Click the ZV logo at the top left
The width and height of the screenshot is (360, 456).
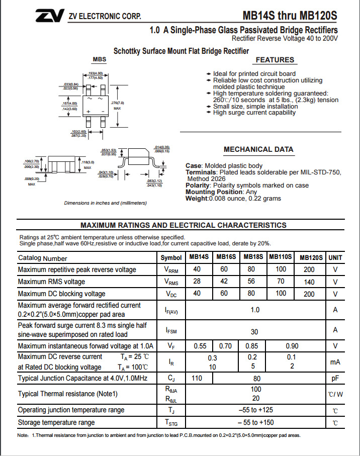[x=49, y=16]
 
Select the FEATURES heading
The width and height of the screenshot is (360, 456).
[x=275, y=60]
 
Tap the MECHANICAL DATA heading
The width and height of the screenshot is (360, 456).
[x=258, y=149]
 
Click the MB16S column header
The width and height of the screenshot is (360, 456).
[x=226, y=257]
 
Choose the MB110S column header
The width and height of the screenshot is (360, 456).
[x=280, y=257]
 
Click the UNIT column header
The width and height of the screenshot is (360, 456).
[x=335, y=257]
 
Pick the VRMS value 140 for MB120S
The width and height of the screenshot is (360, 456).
[x=309, y=282]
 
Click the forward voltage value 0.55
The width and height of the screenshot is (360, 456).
[x=200, y=346]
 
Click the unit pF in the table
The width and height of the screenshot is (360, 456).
[x=335, y=378]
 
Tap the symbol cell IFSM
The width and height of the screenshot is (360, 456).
[x=171, y=330]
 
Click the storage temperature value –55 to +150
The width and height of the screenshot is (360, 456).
[x=256, y=422]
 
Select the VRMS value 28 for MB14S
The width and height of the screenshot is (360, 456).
[x=197, y=282]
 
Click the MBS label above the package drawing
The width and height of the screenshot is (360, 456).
[x=100, y=59]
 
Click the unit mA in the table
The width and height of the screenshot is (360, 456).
[x=335, y=361]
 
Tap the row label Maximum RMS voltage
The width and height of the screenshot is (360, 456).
[x=51, y=282]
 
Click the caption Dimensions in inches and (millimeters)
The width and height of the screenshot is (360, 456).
[x=106, y=203]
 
